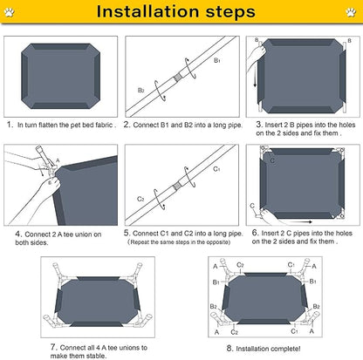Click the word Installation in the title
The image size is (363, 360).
tap(147, 11)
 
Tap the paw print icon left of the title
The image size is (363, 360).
tap(10, 12)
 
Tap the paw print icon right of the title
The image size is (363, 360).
tap(351, 12)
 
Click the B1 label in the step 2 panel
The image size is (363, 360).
tap(217, 60)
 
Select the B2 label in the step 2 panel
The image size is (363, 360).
tap(140, 91)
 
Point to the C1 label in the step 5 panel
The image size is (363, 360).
tap(216, 169)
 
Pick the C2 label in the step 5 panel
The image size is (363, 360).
tap(140, 199)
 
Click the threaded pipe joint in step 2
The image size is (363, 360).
tap(177, 78)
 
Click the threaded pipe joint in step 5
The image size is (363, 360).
tap(176, 186)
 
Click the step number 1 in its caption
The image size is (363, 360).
tap(10, 125)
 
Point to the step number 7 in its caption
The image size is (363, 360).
tap(53, 347)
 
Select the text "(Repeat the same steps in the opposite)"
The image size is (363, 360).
tap(179, 242)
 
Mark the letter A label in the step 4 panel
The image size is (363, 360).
tap(58, 160)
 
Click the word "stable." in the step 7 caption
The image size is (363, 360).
tap(95, 356)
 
